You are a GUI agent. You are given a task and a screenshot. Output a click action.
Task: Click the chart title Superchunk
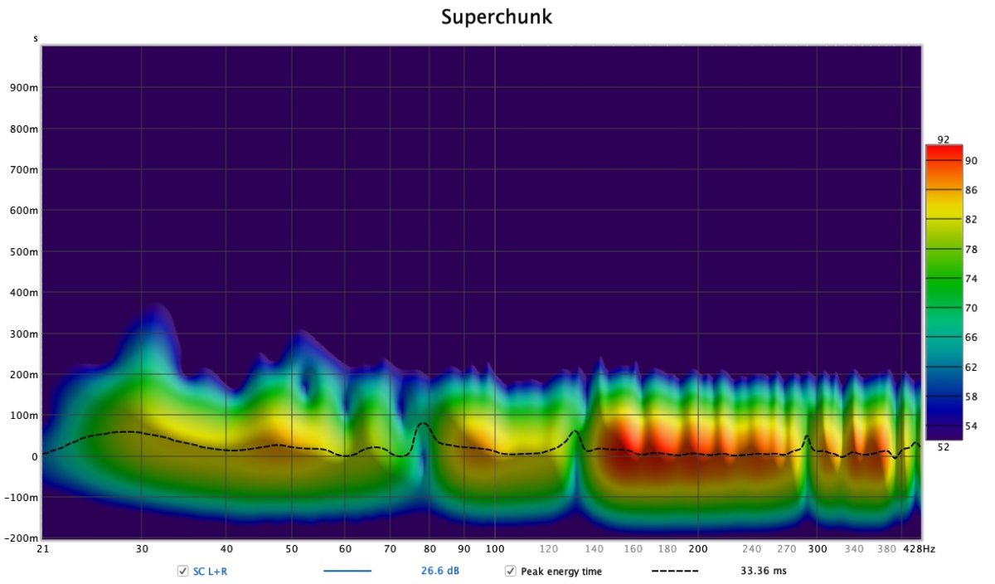[497, 17]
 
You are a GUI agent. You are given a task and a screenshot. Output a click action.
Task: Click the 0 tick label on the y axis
[35, 457]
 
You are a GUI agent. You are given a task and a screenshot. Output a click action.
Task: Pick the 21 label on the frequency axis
[42, 549]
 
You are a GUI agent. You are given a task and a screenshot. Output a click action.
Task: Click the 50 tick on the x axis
[291, 549]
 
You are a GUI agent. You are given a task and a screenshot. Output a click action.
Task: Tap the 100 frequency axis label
[495, 549]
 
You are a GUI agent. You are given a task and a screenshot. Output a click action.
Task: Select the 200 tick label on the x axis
[697, 549]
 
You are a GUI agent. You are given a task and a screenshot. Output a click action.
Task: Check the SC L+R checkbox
[182, 572]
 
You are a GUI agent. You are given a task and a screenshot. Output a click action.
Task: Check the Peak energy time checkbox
[511, 572]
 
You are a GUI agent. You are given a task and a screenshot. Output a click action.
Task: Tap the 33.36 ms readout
[763, 572]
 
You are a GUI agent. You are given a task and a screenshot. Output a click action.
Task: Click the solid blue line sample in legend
[347, 572]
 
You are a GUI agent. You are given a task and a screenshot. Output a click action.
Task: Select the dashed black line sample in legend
[675, 572]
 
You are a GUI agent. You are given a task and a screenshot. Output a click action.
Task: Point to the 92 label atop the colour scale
[944, 139]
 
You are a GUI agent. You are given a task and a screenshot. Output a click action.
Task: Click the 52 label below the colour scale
[944, 447]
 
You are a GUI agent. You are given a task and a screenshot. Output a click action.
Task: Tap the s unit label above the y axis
[36, 38]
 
